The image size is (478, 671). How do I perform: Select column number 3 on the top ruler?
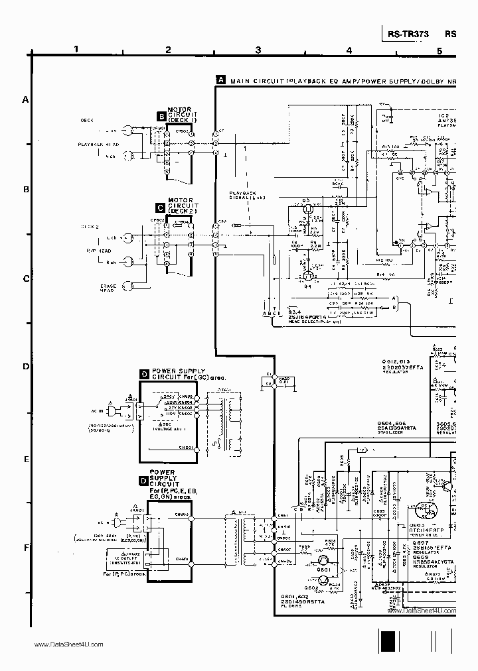point(258,50)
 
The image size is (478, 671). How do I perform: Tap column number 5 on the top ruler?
point(439,50)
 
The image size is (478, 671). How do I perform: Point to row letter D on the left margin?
point(27,367)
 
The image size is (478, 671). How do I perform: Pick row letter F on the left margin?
point(27,548)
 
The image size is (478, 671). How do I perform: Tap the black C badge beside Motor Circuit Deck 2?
point(160,207)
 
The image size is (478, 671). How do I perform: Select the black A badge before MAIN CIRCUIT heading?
point(221,80)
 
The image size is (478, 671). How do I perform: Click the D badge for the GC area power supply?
point(144,375)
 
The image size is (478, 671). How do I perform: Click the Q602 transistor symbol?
point(323,581)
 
